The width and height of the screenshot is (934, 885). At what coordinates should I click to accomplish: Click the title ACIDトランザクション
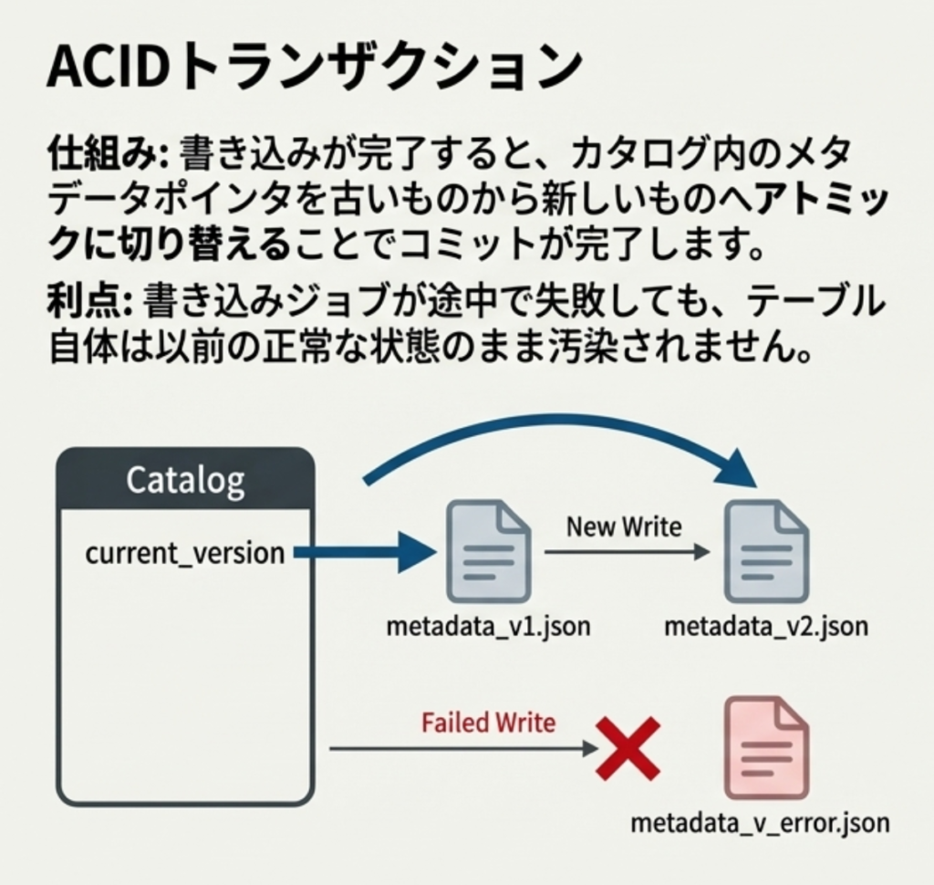pos(314,66)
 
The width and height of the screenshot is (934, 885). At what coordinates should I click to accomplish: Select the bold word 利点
pos(88,301)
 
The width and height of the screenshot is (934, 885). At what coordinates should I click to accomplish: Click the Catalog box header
pos(185,479)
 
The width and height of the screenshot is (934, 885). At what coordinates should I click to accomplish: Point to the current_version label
pos(184,553)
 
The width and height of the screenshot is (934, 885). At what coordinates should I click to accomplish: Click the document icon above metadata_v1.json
pos(487,551)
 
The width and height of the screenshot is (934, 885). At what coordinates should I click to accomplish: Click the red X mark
pos(628,748)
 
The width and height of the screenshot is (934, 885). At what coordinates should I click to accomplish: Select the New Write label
pos(624,526)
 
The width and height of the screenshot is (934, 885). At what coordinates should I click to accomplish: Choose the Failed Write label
pos(488,724)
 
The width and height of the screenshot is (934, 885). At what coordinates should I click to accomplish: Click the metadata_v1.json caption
pos(488,627)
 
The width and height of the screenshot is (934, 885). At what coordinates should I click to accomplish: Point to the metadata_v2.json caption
pos(766,627)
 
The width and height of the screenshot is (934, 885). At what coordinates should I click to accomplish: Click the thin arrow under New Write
pos(627,552)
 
